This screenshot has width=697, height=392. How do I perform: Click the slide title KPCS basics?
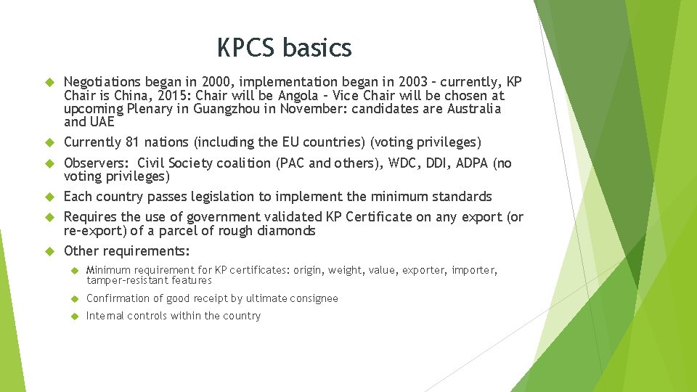[x=284, y=48]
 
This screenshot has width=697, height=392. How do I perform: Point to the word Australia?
[x=474, y=109]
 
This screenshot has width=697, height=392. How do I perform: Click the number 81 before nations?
[x=129, y=142]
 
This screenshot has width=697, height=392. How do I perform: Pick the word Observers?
[x=94, y=163]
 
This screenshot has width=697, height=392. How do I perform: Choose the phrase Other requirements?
[x=127, y=251]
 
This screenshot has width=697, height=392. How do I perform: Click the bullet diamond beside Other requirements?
[x=50, y=251]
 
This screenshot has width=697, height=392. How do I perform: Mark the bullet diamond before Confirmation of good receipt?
[x=74, y=298]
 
